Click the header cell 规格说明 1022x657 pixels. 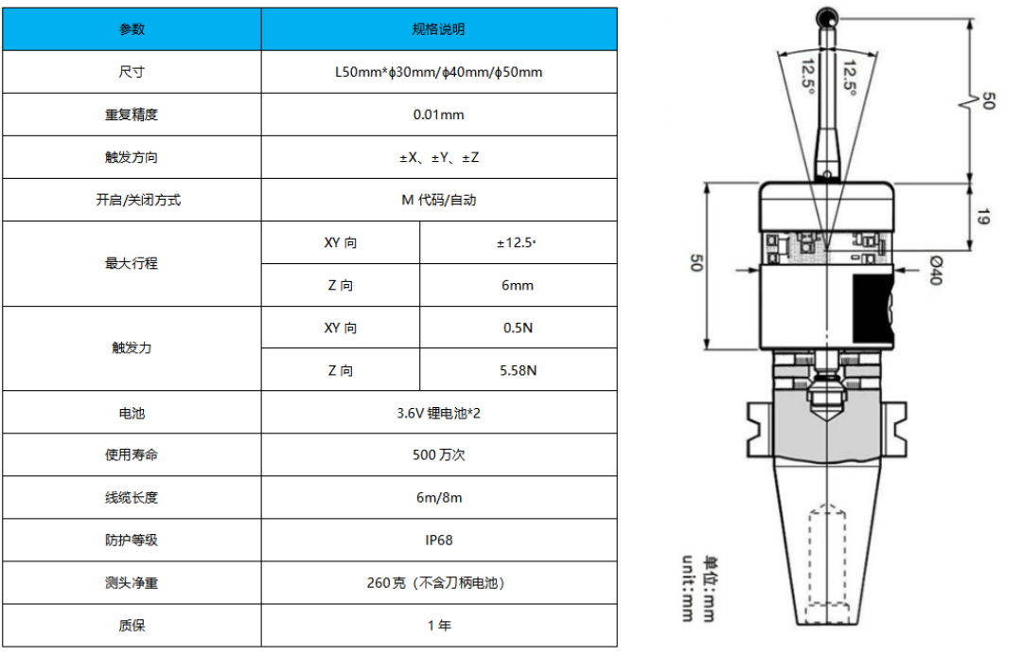pyautogui.click(x=439, y=29)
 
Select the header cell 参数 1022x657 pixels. pyautogui.click(x=132, y=29)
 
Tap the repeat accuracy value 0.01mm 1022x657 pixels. pyautogui.click(x=439, y=115)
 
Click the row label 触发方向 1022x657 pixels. pyautogui.click(x=132, y=157)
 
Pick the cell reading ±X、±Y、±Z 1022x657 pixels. pyautogui.click(x=439, y=157)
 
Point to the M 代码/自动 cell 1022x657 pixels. pyautogui.click(x=439, y=200)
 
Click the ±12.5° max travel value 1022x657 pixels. pyautogui.click(x=518, y=242)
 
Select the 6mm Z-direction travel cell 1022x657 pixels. pyautogui.click(x=518, y=285)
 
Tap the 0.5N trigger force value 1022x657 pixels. pyautogui.click(x=518, y=328)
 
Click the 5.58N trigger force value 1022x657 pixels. pyautogui.click(x=518, y=370)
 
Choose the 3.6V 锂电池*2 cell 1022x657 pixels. pyautogui.click(x=439, y=413)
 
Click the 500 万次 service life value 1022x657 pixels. pyautogui.click(x=439, y=455)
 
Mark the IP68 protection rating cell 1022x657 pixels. pyautogui.click(x=439, y=541)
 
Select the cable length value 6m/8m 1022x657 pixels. pyautogui.click(x=439, y=498)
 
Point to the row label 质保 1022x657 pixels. pyautogui.click(x=132, y=626)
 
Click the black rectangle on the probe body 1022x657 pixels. pyautogui.click(x=872, y=309)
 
